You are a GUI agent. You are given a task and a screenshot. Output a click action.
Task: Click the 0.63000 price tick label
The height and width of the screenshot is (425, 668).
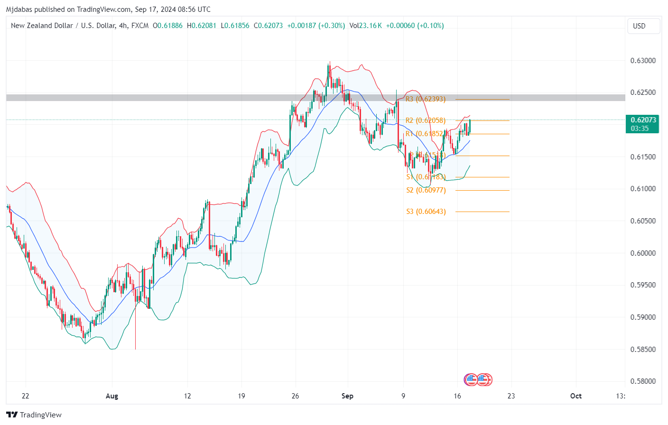[643, 61]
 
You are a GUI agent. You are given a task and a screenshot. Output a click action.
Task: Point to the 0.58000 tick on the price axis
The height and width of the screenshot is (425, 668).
[643, 381]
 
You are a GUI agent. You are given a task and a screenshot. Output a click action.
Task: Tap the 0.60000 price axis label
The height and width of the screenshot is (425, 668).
[643, 253]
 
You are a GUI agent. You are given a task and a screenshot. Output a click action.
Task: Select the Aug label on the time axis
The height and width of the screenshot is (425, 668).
[112, 396]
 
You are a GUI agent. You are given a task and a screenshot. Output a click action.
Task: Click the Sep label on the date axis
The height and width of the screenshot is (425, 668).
[347, 396]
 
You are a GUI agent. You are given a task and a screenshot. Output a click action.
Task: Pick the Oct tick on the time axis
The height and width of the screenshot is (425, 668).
[575, 396]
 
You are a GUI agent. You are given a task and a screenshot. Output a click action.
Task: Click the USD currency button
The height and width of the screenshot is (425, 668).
[639, 26]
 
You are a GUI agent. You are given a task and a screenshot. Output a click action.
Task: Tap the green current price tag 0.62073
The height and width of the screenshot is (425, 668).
[642, 124]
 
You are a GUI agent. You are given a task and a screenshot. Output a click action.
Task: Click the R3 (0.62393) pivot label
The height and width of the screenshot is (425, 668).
[426, 99]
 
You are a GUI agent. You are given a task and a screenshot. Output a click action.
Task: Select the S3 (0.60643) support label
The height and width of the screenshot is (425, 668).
[426, 212]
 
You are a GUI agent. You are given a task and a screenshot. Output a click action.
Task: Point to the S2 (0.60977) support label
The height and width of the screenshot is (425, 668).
[426, 190]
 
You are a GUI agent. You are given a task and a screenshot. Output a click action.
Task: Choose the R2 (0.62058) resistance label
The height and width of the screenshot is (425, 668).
[426, 120]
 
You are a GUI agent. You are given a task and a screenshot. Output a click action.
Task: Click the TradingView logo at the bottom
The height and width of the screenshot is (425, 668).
[34, 415]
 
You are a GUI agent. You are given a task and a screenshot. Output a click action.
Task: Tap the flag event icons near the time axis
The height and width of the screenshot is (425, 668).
[478, 379]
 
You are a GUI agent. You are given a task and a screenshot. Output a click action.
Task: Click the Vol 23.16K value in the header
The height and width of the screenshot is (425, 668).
[366, 26]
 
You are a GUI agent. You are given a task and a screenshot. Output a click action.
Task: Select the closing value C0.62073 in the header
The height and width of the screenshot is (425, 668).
[268, 26]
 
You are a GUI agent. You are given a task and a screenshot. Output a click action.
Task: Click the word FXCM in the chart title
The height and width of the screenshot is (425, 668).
[140, 26]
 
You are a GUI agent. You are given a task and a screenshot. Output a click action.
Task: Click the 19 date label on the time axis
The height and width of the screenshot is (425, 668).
[241, 396]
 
